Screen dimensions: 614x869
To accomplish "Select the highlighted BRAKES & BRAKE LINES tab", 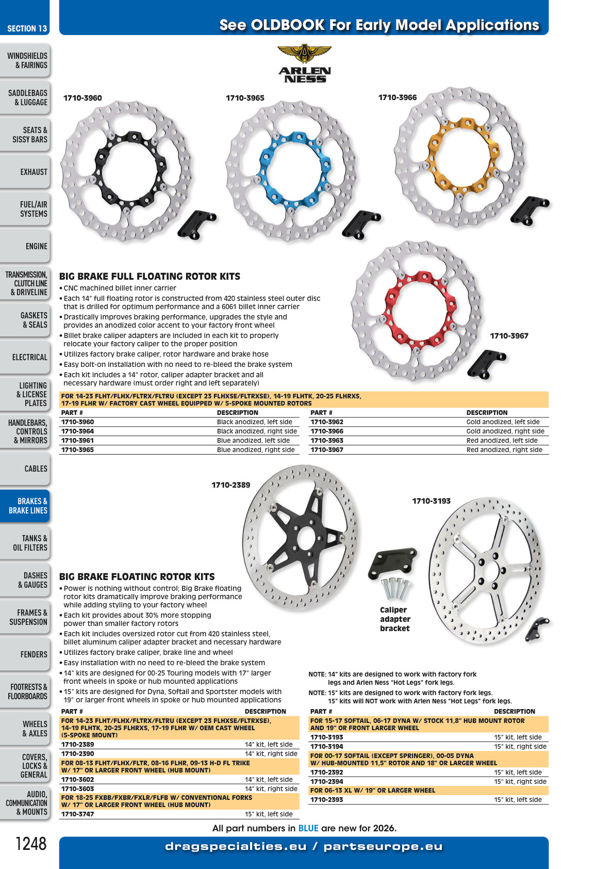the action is (x=25, y=506).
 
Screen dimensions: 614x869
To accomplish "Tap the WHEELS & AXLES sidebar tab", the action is (x=25, y=729).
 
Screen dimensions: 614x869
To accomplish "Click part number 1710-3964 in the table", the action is (x=77, y=431).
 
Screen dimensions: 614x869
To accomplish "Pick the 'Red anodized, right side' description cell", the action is (x=504, y=449).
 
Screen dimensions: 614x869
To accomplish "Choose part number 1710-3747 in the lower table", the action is (x=77, y=814).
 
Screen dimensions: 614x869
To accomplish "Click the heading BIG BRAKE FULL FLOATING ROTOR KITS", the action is (x=150, y=276).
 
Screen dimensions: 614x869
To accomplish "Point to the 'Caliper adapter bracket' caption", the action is (x=395, y=619).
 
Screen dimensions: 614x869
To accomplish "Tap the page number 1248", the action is (x=31, y=843).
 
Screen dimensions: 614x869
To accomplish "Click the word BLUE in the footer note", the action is (x=308, y=828).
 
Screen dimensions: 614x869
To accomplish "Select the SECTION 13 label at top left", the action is (x=27, y=28).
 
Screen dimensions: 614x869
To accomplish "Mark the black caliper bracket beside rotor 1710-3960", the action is (x=196, y=224).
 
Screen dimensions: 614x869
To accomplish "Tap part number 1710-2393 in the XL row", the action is (x=327, y=799).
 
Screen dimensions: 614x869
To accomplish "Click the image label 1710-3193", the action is (x=431, y=501).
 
